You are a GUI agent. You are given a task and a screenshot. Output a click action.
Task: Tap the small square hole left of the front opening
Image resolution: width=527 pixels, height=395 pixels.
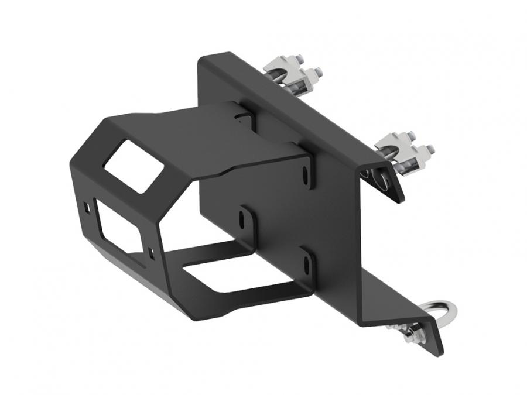(x=87, y=207)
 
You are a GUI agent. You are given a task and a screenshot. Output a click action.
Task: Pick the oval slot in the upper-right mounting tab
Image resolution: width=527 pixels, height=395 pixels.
(x=306, y=174)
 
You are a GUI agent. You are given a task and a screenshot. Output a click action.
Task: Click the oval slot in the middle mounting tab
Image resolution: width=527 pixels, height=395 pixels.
(x=242, y=220)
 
